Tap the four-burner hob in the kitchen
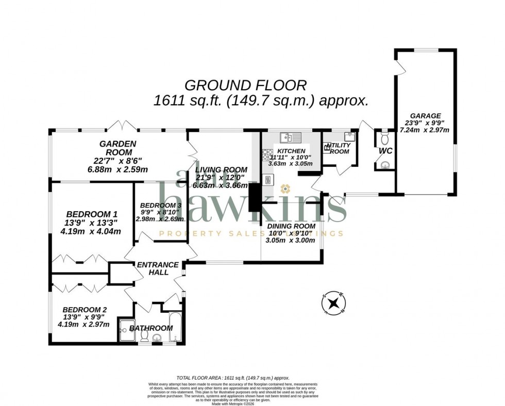268,154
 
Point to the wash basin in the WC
385,165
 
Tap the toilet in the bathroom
144,336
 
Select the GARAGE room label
425,116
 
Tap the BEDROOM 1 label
92,214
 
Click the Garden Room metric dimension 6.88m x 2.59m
117,169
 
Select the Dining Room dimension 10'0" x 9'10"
290,233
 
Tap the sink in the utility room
350,136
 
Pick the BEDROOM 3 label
159,205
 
